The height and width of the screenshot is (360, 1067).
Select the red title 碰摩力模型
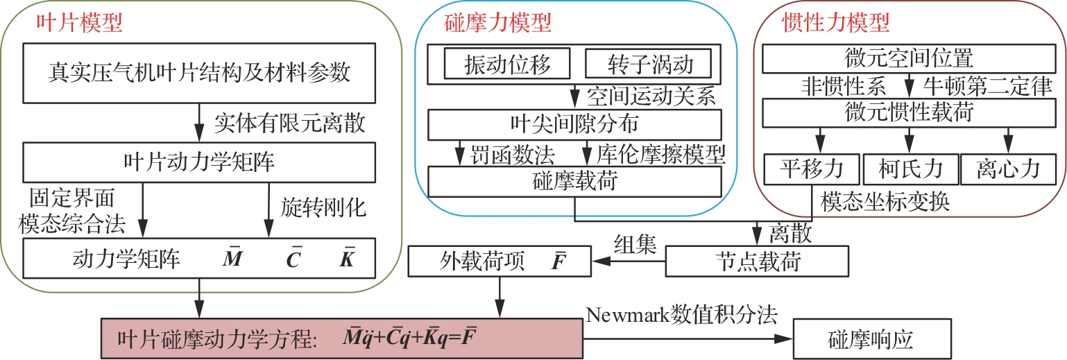(x=497, y=25)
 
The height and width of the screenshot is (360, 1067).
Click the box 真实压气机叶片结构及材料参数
(x=200, y=71)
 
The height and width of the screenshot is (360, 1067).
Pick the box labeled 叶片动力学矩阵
(x=200, y=164)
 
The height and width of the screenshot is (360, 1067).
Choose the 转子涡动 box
(x=649, y=65)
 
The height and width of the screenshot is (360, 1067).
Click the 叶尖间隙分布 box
(x=575, y=124)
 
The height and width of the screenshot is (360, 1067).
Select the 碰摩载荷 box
(x=575, y=182)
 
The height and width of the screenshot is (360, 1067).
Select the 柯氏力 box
(x=909, y=169)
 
